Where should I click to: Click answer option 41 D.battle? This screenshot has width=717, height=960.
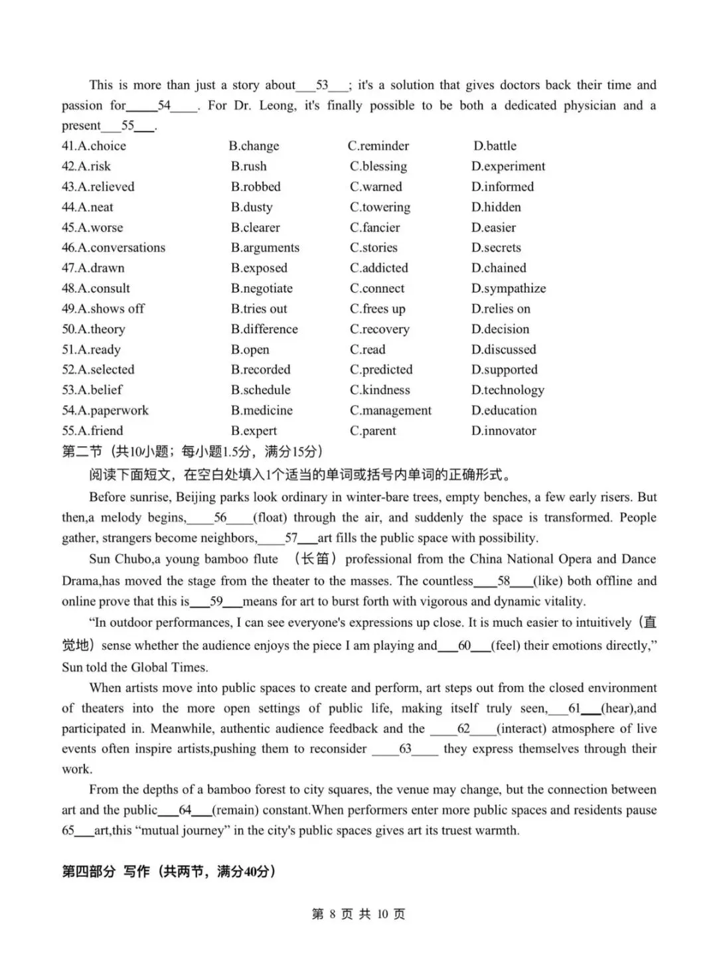point(495,146)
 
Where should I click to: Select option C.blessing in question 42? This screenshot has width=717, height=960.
point(378,167)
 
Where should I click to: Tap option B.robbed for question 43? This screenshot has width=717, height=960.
point(256,187)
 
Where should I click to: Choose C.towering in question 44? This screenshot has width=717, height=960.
point(380,207)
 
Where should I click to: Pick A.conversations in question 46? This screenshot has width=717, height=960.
point(114,248)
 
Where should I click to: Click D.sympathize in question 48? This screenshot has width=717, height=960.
point(509,289)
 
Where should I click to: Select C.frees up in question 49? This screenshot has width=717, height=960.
point(377,309)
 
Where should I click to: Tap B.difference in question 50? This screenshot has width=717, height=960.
point(264,329)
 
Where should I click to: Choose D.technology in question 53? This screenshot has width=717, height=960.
point(508,390)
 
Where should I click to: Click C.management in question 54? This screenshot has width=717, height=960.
point(390,411)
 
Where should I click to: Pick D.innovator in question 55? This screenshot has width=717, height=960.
point(504,431)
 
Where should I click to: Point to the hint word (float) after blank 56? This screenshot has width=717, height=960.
point(270,518)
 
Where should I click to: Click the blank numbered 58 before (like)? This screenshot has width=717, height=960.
point(503,582)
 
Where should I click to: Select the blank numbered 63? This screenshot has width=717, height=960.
point(405,750)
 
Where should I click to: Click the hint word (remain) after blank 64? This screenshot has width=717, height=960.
point(235,811)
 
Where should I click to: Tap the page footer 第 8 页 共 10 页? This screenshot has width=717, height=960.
point(358,914)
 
